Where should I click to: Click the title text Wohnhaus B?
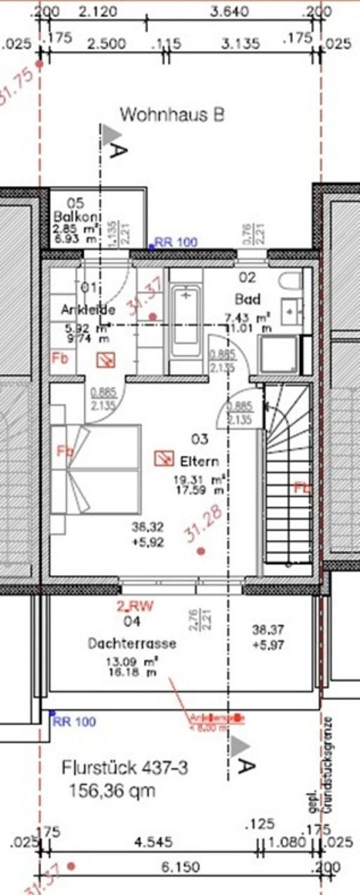click(172, 115)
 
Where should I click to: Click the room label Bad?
click(247, 299)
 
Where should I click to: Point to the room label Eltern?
click(199, 461)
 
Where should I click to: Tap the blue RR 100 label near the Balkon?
click(175, 243)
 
